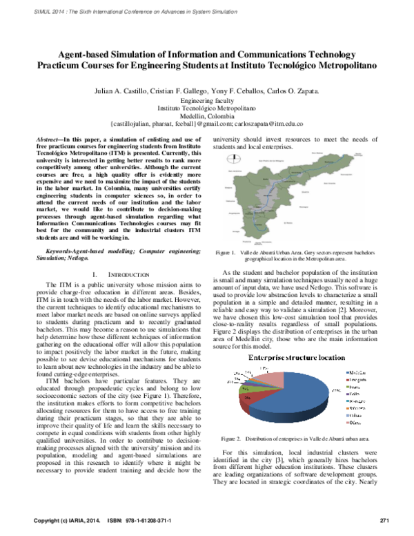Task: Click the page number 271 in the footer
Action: [385, 520]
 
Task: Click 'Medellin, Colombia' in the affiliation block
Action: [206, 116]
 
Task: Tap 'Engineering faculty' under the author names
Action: [206, 100]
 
